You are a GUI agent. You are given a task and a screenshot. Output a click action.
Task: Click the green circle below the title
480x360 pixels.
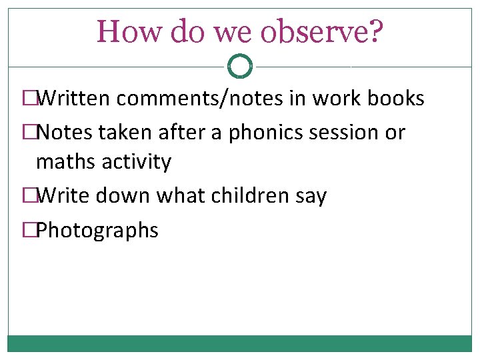[239, 66]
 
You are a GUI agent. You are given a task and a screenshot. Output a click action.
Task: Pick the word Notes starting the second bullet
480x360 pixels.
[66, 132]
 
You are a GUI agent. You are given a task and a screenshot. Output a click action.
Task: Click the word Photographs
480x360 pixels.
[97, 231]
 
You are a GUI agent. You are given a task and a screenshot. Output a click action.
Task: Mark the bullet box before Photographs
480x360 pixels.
[29, 231]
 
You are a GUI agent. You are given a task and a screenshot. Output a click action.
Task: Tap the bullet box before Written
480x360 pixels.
[29, 99]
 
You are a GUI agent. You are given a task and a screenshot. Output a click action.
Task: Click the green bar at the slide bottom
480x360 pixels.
[239, 343]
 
